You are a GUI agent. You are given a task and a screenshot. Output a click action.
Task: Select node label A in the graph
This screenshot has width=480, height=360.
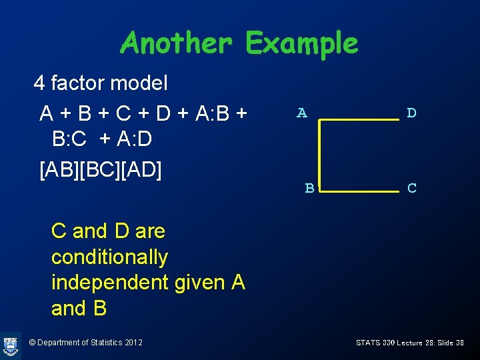[302, 113]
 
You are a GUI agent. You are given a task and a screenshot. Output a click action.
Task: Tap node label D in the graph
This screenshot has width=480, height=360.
[411, 113]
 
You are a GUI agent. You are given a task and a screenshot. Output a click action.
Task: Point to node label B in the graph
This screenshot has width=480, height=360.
[309, 189]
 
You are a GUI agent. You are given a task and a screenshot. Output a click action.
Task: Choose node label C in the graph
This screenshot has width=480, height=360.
[412, 189]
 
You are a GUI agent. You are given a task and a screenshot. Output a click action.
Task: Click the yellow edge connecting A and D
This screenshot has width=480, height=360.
[359, 119]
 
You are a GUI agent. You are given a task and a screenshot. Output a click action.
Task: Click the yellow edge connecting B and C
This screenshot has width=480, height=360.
[359, 191]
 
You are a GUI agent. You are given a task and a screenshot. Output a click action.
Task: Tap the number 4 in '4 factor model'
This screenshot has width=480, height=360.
[39, 83]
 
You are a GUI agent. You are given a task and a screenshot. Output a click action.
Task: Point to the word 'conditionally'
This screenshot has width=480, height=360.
[109, 257]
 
